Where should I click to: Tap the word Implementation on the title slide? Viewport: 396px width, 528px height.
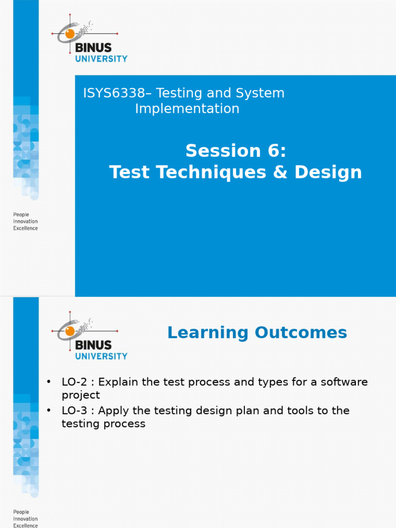coord(187,108)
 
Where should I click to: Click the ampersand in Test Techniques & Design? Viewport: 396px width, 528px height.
coord(280,172)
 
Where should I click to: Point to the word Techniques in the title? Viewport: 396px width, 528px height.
coord(211,172)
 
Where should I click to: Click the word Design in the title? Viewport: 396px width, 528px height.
coord(328,172)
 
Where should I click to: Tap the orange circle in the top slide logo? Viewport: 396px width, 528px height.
coord(70,34)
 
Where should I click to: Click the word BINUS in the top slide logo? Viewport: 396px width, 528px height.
coord(93,47)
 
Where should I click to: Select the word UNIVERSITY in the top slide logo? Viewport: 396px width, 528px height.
coord(102,59)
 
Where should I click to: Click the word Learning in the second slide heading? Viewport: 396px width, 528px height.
coord(208,333)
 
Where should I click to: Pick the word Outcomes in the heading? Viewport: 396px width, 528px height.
coord(301,333)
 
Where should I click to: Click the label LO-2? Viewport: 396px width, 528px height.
coord(74,382)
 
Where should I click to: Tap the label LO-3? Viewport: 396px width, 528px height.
coord(74,410)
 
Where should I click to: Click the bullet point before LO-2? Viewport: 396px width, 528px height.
coord(49,382)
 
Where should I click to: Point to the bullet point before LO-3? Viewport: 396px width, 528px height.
coord(49,410)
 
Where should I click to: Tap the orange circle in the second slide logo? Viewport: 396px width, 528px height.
coord(70,331)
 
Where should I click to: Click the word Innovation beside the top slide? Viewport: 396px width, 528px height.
coord(25,221)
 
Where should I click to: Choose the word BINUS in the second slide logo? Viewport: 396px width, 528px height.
coord(93,345)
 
